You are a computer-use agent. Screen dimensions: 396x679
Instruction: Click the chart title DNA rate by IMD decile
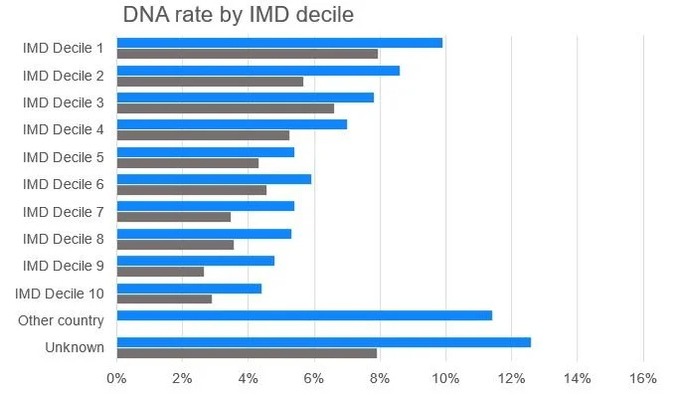coord(238,16)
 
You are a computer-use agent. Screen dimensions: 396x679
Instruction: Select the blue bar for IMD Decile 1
coord(279,43)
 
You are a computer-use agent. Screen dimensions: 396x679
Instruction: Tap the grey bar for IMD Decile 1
coord(248,54)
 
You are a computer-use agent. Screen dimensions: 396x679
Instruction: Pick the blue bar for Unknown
coord(323,342)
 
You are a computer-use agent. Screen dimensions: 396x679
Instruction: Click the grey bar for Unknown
coord(247,352)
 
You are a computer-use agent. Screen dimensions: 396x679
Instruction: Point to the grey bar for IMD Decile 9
coord(160,272)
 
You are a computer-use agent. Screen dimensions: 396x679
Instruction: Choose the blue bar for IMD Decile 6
coord(214,179)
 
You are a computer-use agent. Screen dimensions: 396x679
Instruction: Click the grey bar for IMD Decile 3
coord(226,108)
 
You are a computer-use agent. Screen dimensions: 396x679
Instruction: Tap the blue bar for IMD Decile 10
coord(189,288)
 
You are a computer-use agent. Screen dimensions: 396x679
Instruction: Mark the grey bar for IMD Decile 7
coord(174,217)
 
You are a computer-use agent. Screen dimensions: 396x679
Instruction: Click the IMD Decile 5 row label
coord(64,157)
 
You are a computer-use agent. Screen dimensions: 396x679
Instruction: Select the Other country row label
coord(61,320)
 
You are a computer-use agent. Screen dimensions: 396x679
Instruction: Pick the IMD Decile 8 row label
coord(64,239)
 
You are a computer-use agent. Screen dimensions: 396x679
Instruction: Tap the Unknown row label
coord(75,347)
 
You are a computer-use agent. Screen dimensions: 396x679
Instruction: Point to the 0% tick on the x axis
coord(116,378)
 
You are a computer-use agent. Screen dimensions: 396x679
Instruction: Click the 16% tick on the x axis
coord(643,378)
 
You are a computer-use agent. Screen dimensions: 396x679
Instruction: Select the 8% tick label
coord(380,378)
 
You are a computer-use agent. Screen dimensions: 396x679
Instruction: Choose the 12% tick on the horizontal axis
coord(511,378)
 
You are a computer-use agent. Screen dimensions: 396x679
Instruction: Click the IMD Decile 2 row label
coord(64,76)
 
